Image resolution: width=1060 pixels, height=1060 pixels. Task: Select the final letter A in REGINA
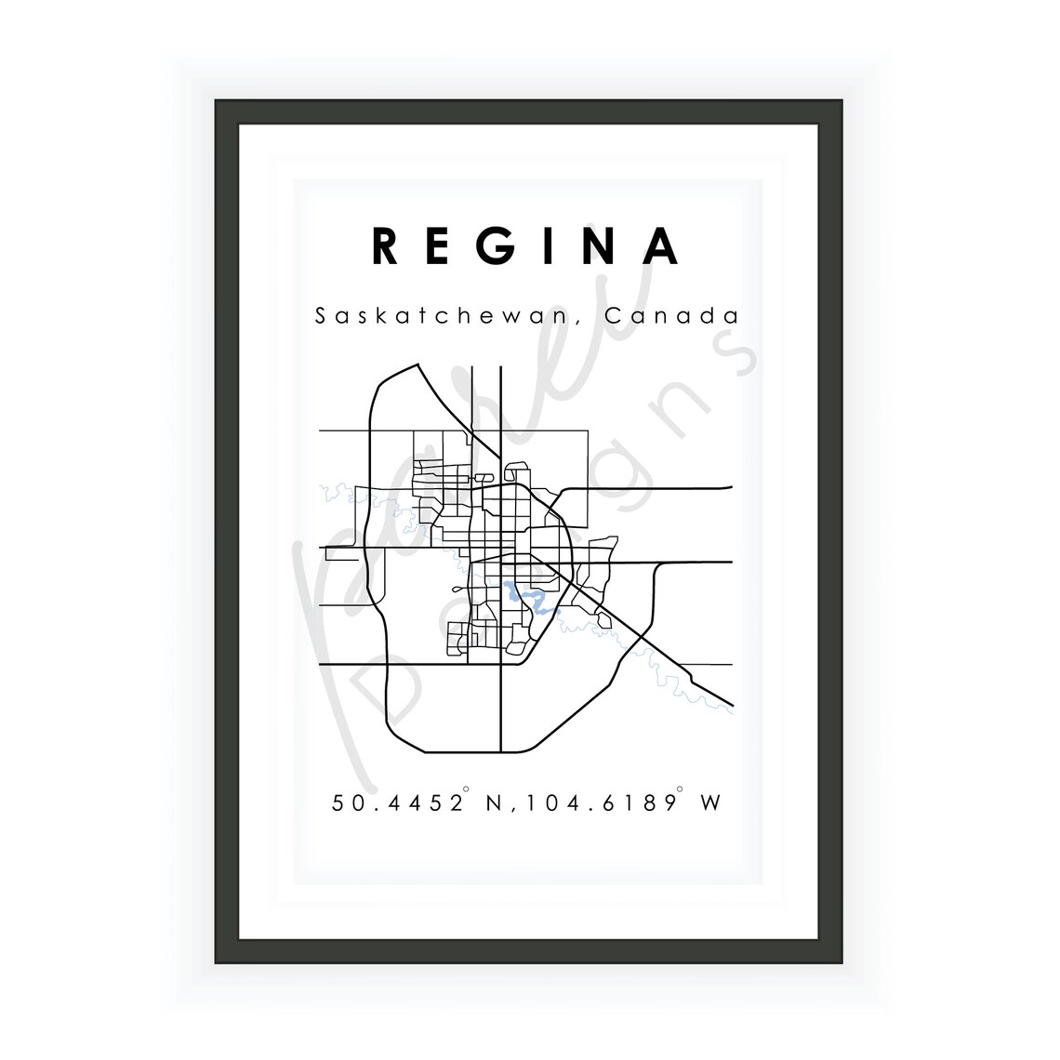(x=663, y=246)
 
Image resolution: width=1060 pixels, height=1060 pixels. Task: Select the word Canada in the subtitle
(x=672, y=316)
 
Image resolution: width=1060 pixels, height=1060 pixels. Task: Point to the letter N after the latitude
(x=494, y=802)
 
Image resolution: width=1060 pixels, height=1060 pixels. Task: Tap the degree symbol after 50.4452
(x=467, y=792)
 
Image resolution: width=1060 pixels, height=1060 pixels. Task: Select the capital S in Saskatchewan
(x=321, y=316)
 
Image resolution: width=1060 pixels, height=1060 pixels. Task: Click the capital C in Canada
(x=613, y=316)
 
